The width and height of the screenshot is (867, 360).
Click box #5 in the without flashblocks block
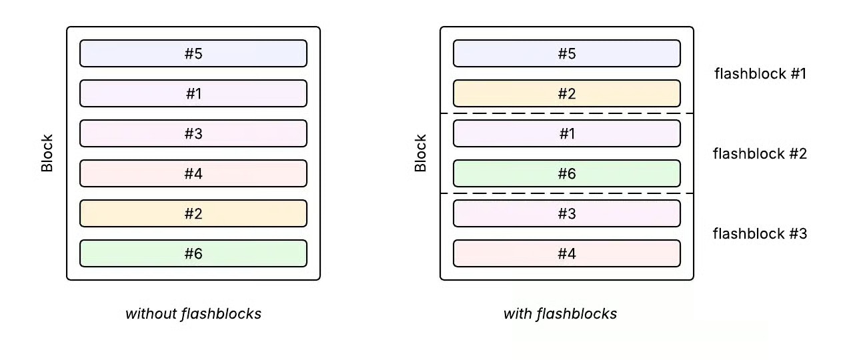[193, 53]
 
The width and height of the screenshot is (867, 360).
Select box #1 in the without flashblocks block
[193, 93]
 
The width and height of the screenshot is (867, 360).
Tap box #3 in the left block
[193, 133]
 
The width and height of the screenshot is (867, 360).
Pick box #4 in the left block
[193, 173]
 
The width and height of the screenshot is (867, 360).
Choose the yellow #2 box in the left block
[193, 213]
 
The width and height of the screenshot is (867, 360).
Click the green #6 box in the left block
[193, 253]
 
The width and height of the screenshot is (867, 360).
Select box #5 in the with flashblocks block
[567, 53]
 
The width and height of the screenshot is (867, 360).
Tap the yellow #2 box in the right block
[567, 93]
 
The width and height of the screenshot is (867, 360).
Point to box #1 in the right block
[567, 133]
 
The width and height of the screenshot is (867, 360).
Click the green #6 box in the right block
[567, 173]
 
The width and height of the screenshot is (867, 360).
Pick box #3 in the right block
[567, 213]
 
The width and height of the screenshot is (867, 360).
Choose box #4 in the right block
[567, 253]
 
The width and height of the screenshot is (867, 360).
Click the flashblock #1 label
[760, 73]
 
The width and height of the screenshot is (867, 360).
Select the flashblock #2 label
[760, 153]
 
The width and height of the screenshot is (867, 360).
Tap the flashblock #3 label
[760, 233]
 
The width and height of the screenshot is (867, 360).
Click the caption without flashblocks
[193, 313]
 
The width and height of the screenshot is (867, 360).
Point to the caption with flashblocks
[560, 313]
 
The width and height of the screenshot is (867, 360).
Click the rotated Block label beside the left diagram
[47, 153]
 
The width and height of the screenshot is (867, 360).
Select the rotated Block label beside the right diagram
[421, 153]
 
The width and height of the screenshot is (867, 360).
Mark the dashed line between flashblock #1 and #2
[567, 113]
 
